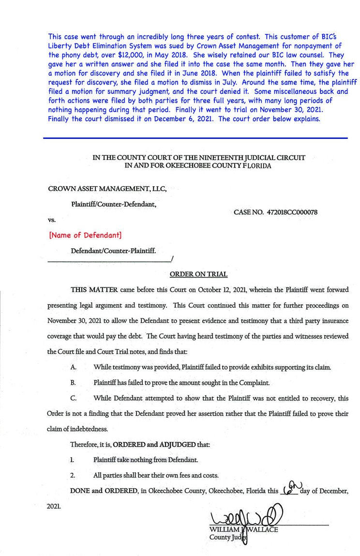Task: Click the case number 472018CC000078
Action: (x=288, y=212)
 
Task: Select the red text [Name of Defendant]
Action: (x=85, y=235)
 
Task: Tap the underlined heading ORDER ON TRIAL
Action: (x=198, y=274)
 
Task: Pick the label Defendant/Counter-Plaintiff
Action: (x=113, y=252)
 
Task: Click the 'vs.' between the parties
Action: (x=52, y=220)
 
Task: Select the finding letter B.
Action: (x=73, y=383)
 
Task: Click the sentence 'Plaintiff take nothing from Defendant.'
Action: (x=146, y=460)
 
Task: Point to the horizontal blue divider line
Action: (x=195, y=138)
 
